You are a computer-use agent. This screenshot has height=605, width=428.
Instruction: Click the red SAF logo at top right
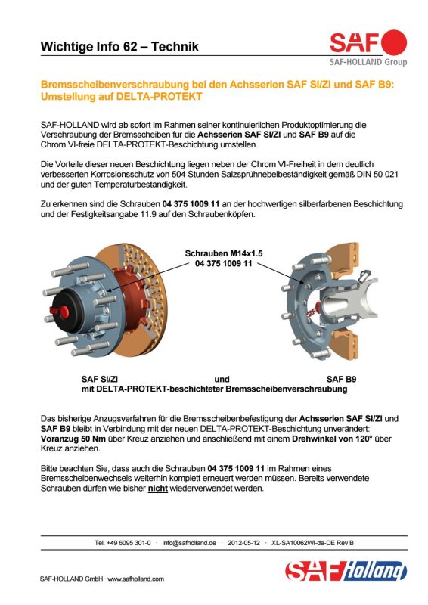(368, 42)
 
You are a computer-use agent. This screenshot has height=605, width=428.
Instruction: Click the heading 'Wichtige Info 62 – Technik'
(119, 47)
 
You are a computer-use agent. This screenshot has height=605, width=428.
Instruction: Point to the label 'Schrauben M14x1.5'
(224, 253)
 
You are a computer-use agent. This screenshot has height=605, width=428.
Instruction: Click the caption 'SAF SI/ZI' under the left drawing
(100, 380)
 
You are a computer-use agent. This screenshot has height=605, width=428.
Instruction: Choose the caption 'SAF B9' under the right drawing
(341, 380)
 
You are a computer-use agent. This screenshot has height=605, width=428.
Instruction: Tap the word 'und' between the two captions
(222, 380)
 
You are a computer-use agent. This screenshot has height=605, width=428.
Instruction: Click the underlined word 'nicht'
(158, 489)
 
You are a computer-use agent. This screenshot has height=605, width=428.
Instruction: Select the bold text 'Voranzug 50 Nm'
(73, 439)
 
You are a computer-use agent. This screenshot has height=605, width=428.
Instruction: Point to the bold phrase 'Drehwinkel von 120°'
(331, 439)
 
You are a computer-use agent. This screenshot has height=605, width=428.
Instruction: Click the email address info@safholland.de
(189, 543)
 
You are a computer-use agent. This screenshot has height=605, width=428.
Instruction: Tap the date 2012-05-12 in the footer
(244, 543)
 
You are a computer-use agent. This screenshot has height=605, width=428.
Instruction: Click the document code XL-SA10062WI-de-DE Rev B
(312, 543)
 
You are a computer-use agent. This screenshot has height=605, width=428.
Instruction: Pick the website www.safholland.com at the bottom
(136, 579)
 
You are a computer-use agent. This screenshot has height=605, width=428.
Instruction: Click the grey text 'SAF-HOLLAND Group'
(368, 62)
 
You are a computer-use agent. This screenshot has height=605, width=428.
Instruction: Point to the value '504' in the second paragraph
(178, 175)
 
